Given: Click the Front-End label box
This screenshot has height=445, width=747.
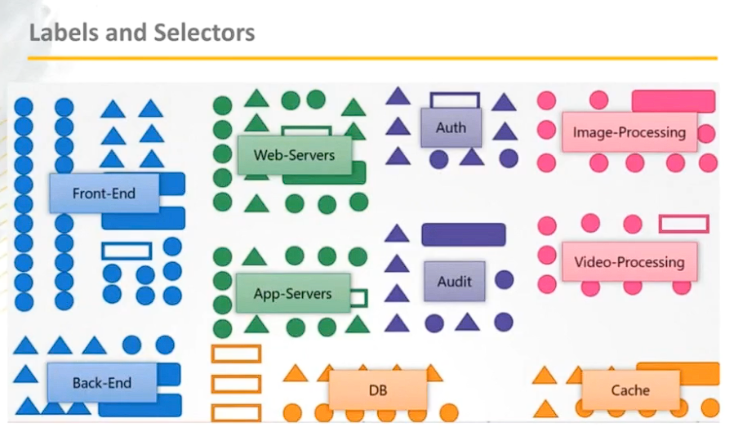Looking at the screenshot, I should click(103, 194).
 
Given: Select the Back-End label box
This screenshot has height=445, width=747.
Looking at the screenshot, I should click(101, 383).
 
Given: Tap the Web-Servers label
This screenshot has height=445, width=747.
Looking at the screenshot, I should click(294, 154).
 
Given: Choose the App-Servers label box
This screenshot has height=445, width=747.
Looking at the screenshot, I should click(292, 293).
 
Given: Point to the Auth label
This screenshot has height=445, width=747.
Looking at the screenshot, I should click(451, 128).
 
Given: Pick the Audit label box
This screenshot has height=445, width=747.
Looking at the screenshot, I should click(454, 281).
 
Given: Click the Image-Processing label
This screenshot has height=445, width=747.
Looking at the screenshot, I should click(629, 131).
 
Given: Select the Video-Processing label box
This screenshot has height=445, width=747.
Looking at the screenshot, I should click(629, 262).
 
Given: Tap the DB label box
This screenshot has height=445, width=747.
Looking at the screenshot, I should click(377, 389).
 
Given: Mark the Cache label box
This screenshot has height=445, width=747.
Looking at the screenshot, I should click(630, 389).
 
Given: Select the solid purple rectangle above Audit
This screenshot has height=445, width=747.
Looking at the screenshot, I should click(463, 234).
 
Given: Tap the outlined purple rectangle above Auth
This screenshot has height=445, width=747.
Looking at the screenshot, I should click(455, 100).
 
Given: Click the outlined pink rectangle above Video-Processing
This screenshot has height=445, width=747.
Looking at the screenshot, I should click(683, 224).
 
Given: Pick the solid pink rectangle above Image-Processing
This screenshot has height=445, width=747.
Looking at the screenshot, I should click(674, 100).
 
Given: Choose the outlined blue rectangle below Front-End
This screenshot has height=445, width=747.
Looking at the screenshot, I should click(127, 251).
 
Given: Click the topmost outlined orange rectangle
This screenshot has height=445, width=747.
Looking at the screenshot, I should click(235, 354).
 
